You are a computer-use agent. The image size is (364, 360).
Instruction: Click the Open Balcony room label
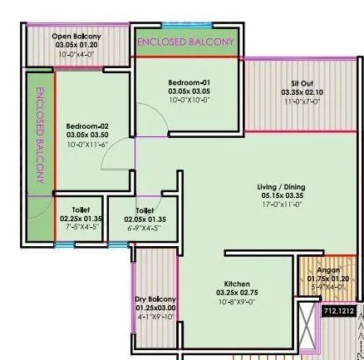pos(76,37)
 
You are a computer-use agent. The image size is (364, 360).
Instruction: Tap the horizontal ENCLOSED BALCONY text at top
pos(185,41)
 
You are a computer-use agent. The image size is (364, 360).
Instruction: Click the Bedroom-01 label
pos(183,82)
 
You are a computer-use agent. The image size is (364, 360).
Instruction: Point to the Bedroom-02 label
pos(87,126)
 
